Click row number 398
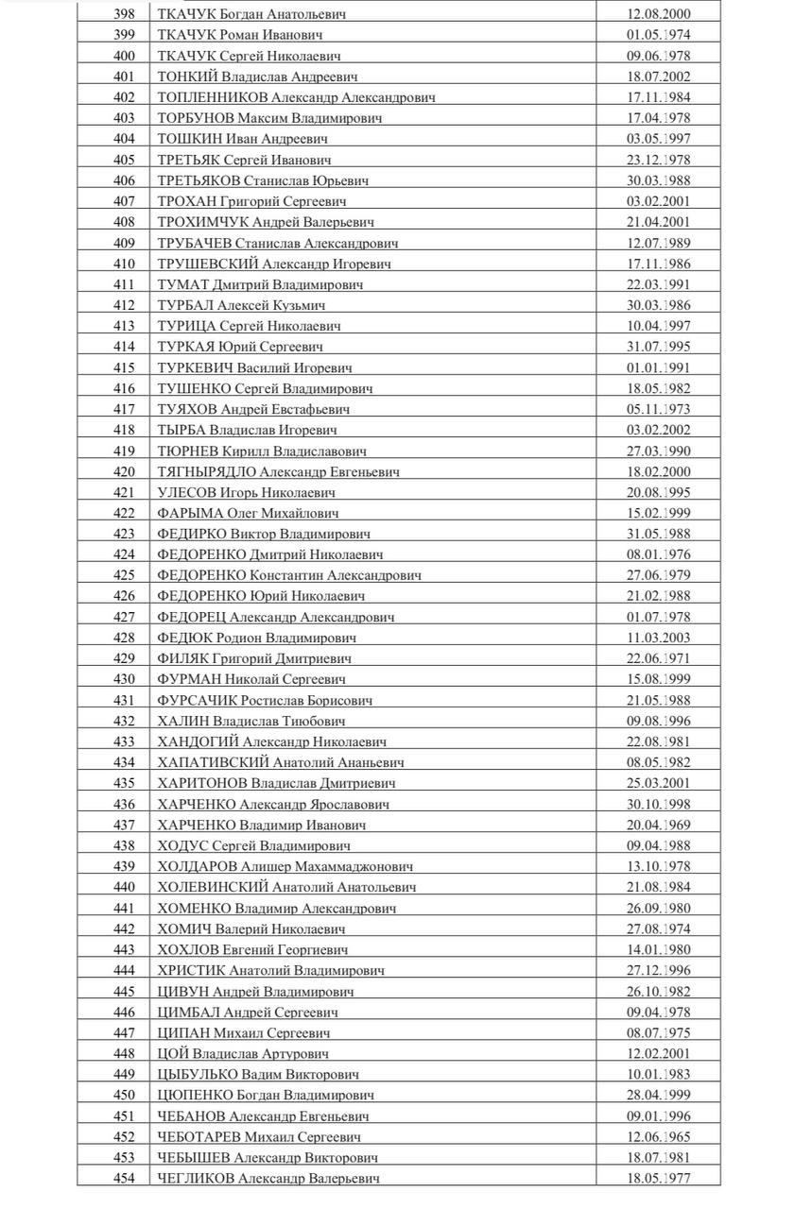pos(124,14)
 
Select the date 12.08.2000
pos(659,14)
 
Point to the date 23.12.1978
pos(659,160)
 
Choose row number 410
pos(124,264)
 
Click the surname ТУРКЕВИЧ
pos(196,367)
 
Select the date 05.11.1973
pos(659,409)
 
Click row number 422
pos(124,513)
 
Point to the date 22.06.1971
pos(659,658)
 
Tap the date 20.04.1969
pos(659,825)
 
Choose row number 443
pos(124,949)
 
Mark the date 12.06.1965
pos(659,1136)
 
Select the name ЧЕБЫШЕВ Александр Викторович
pos(268,1157)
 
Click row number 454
pos(124,1178)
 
